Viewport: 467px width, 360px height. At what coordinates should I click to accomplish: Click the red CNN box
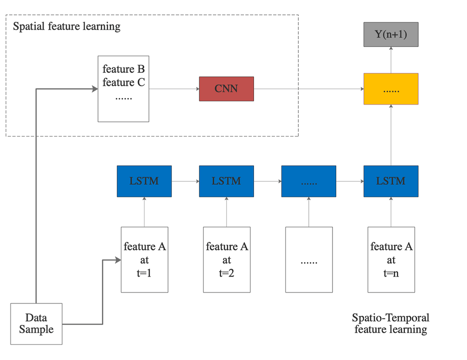226,88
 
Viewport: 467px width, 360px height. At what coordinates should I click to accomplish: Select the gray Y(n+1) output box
391,35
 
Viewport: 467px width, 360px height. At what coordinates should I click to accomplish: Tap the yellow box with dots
391,88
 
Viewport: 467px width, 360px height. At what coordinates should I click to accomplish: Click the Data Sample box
36,324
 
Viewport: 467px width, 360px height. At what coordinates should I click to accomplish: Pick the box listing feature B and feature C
124,89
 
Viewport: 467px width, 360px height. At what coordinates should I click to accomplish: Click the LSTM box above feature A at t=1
144,181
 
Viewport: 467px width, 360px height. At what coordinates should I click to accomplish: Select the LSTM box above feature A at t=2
226,181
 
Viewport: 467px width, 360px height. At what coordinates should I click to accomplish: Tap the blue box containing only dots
309,181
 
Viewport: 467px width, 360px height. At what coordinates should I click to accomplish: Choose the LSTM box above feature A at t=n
391,181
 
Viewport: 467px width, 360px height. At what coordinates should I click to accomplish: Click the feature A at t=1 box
144,260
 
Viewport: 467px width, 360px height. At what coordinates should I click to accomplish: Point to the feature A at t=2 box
226,260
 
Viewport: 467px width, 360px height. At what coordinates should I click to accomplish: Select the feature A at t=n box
391,260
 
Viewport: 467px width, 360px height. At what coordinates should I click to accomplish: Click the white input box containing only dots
309,260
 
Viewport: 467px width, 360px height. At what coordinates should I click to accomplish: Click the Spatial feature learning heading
67,26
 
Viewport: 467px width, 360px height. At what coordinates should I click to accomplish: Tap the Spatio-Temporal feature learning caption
391,324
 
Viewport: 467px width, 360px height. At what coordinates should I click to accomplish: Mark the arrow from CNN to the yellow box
308,88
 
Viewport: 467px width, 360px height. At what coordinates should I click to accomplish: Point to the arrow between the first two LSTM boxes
185,181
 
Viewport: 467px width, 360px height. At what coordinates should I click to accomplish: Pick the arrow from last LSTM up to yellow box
391,135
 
